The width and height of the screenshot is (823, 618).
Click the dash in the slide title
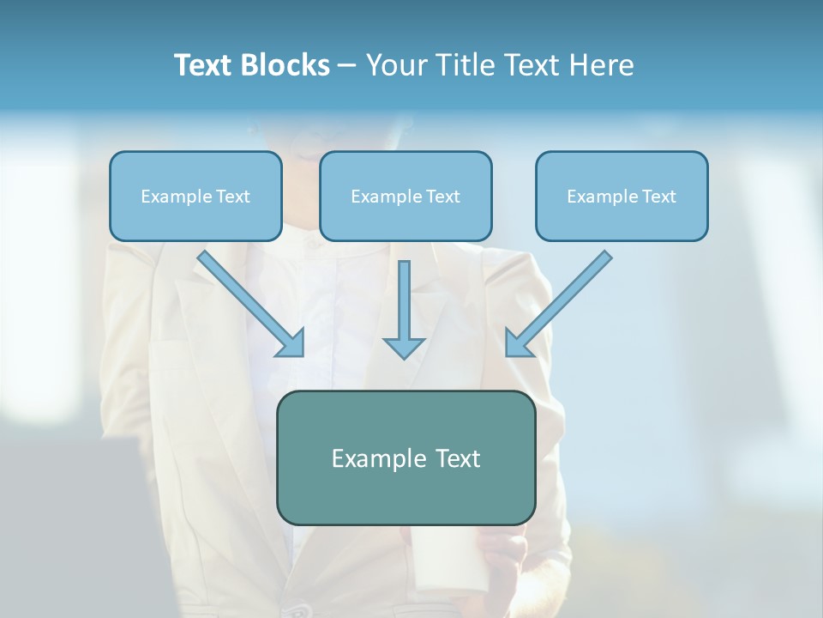[x=347, y=66]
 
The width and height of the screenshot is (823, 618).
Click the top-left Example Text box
[x=195, y=197]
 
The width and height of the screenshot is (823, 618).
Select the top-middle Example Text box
[x=405, y=197]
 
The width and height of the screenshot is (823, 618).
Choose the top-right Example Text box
[x=622, y=197]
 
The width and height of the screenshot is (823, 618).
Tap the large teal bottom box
[x=405, y=458]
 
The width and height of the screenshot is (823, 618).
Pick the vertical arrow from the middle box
[x=404, y=305]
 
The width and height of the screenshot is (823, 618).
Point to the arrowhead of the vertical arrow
[x=404, y=347]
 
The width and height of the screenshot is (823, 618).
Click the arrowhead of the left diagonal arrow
[x=292, y=344]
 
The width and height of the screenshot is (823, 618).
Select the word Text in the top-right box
[x=658, y=197]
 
